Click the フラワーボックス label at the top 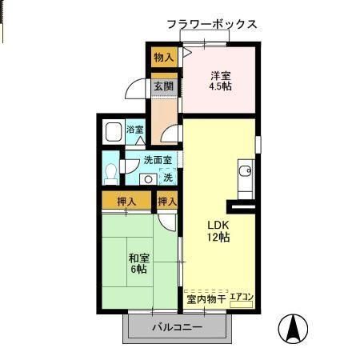point(212,24)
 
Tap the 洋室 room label point(220,75)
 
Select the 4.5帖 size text point(220,87)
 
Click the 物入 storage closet point(164,57)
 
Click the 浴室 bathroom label point(134,130)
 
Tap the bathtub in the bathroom point(114,131)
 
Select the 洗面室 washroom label point(157,160)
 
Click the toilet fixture point(111,173)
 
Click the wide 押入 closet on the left point(126,201)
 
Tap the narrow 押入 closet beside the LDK point(167,201)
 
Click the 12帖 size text point(219,238)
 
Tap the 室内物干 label point(206,299)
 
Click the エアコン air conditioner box point(242,298)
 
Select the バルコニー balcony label point(177,327)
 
